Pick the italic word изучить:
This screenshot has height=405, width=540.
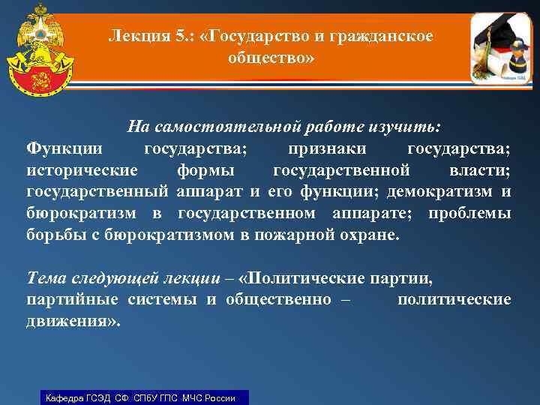pos(409,124)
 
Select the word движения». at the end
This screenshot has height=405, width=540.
pos(73,322)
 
